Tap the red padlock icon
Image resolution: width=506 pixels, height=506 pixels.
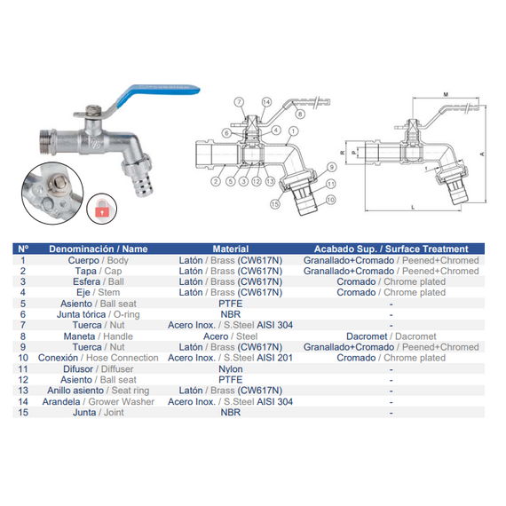(102, 209)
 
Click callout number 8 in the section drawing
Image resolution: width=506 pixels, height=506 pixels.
(300, 114)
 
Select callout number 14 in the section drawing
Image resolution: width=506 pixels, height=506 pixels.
(266, 102)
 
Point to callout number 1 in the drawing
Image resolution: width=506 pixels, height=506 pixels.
(293, 131)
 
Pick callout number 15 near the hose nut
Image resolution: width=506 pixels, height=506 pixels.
(274, 204)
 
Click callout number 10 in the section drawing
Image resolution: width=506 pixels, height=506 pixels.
(330, 200)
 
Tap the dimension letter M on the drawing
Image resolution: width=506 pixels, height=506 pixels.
(446, 94)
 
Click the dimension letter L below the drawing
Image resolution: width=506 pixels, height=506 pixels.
(413, 208)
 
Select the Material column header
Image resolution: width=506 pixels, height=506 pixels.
(231, 249)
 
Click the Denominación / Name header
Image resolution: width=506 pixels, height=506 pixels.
(99, 249)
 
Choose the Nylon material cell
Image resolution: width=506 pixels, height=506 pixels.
(231, 369)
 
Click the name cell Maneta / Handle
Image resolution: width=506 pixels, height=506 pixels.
(99, 336)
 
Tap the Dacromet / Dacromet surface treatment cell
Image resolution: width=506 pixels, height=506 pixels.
(391, 336)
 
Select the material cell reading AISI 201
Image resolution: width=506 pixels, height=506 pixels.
(230, 358)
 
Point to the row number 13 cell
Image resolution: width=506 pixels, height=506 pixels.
(23, 391)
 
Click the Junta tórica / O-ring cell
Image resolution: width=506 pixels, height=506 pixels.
(99, 314)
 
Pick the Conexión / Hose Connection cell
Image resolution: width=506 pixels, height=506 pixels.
(99, 358)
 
